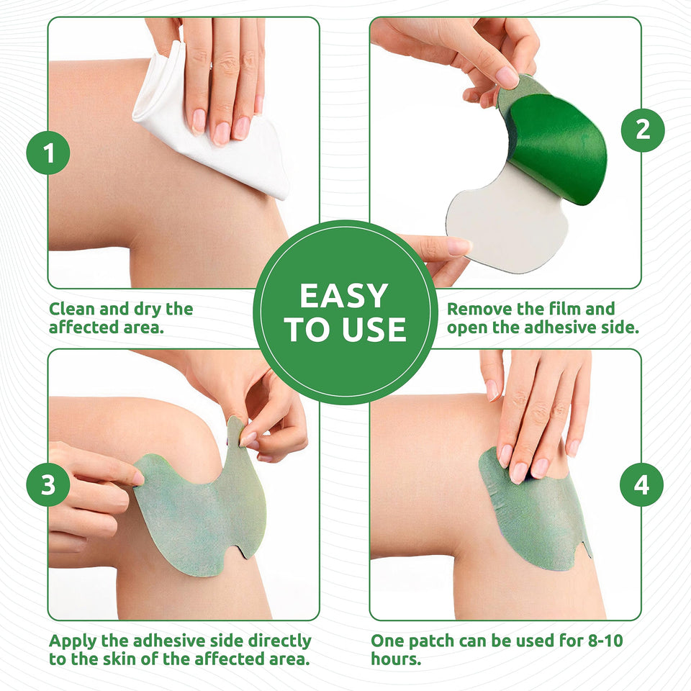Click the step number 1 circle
click(48, 153)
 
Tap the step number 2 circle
click(642, 130)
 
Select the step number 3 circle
click(48, 485)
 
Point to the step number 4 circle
click(642, 485)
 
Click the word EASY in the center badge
click(344, 296)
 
